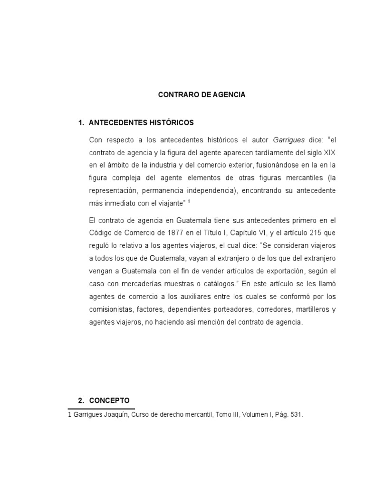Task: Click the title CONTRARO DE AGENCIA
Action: pyautogui.click(x=202, y=95)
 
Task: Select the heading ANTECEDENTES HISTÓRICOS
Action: pyautogui.click(x=141, y=123)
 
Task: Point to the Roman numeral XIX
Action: pyautogui.click(x=329, y=153)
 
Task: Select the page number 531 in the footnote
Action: pyautogui.click(x=295, y=414)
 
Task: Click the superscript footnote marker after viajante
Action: pyautogui.click(x=190, y=201)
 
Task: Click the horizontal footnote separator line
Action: pyautogui.click(x=101, y=409)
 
